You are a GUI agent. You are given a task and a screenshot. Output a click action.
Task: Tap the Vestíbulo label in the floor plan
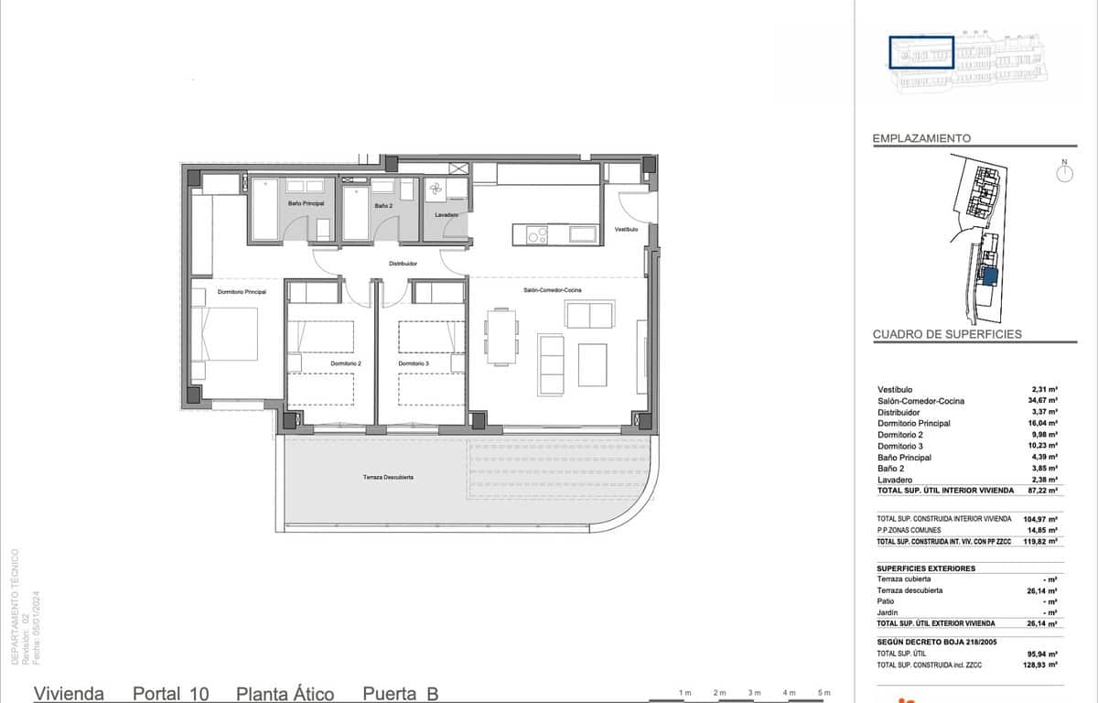tap(626, 229)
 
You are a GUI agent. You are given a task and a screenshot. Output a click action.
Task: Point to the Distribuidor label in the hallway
tap(403, 264)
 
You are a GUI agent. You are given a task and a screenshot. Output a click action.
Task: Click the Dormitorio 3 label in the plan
tap(414, 364)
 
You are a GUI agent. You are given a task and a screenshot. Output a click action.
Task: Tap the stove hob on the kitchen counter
tap(536, 235)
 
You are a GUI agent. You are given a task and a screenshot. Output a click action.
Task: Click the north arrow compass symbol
tap(1064, 173)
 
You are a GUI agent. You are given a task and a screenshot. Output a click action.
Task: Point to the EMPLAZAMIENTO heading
tap(921, 138)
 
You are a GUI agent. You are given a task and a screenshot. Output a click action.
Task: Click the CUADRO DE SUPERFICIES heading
tap(947, 335)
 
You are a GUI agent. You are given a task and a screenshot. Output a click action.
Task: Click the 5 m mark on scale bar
tap(823, 692)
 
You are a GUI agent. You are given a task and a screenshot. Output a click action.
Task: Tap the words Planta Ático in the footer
tap(285, 694)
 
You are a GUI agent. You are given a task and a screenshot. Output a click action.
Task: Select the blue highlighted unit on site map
tap(988, 275)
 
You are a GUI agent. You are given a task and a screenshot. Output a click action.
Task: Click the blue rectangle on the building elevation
tap(922, 52)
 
